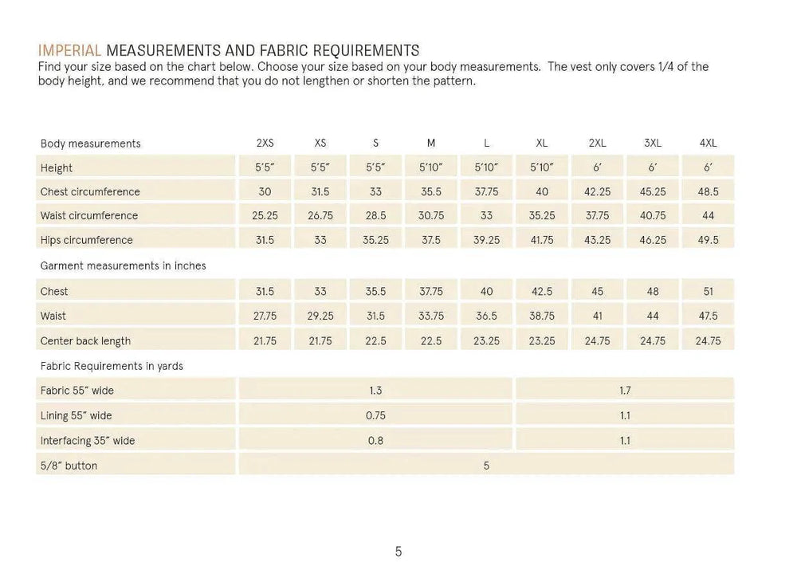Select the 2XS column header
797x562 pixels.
pos(265,143)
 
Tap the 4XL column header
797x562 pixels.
pos(708,143)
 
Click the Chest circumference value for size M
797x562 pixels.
pos(431,191)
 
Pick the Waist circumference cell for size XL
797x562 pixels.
pos(542,215)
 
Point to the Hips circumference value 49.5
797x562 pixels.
pos(708,240)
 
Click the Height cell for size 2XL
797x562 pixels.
pos(597,167)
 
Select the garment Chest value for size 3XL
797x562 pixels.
pos(653,292)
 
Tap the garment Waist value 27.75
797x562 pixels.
pos(265,316)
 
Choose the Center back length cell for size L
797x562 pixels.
pos(486,340)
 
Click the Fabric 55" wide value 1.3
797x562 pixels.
pos(375,391)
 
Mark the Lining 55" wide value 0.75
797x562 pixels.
pos(375,415)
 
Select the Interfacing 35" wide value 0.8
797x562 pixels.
pos(375,440)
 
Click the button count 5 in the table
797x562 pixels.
pos(486,465)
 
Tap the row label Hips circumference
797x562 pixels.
pos(87,240)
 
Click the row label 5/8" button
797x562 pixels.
pos(69,465)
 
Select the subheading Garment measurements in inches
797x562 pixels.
pos(123,265)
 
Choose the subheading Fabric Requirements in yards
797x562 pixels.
pos(112,366)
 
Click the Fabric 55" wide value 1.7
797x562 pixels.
pos(625,391)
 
